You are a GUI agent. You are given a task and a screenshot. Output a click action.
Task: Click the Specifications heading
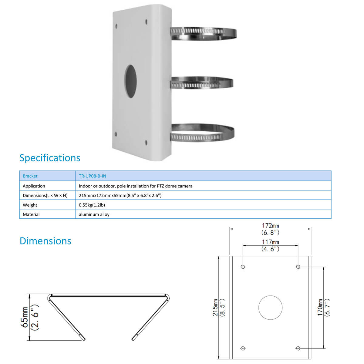click(x=50, y=158)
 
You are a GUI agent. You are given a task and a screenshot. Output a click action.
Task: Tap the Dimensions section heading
click(x=45, y=241)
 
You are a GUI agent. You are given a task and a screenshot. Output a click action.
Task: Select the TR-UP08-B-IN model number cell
click(x=93, y=176)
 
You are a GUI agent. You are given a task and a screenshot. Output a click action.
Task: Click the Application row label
click(x=34, y=186)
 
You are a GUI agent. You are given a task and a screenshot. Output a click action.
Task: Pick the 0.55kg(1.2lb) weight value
click(x=92, y=205)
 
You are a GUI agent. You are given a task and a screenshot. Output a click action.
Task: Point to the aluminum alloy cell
click(x=94, y=214)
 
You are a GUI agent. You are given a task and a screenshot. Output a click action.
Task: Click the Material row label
click(x=31, y=214)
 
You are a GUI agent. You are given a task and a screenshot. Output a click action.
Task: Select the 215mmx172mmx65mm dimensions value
click(x=120, y=195)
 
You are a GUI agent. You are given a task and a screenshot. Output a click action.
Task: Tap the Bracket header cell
click(x=30, y=176)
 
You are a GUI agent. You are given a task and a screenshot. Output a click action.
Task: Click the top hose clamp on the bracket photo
click(x=203, y=33)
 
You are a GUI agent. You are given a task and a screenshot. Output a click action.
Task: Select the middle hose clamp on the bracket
click(x=202, y=83)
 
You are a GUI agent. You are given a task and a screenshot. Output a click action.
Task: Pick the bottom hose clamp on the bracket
click(x=203, y=133)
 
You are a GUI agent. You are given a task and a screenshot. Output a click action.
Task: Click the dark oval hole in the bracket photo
click(x=130, y=81)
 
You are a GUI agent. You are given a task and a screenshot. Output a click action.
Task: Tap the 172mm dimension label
click(x=270, y=226)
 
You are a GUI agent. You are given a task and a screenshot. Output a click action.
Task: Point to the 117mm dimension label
click(x=270, y=242)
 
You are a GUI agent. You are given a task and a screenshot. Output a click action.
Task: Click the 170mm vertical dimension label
click(x=320, y=308)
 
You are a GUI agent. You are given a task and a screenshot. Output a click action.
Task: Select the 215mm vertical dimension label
click(x=215, y=308)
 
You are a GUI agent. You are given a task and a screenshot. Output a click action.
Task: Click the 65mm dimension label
click(x=25, y=317)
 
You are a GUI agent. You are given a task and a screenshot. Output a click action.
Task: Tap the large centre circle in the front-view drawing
click(x=270, y=308)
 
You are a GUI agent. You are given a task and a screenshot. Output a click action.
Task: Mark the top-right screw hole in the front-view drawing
click(x=298, y=267)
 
